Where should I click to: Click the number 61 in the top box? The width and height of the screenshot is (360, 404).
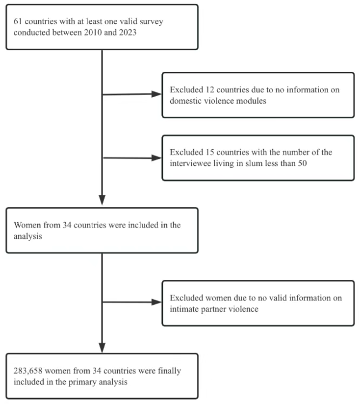(x=18, y=21)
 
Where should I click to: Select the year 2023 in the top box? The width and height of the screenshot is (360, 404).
(x=127, y=32)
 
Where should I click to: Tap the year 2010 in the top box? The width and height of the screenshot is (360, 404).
(x=93, y=32)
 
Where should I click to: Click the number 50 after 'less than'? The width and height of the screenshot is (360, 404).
(x=302, y=163)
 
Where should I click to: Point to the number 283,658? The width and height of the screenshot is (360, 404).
(x=28, y=371)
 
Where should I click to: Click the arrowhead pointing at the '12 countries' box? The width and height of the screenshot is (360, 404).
(x=157, y=94)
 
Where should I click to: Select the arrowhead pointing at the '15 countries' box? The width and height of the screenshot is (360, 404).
(x=157, y=158)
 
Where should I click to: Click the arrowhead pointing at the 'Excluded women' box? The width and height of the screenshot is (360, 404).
(x=157, y=302)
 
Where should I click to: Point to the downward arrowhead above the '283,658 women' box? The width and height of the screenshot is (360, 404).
(x=102, y=348)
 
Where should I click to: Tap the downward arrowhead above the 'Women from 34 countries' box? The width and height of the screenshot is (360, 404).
(x=102, y=200)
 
